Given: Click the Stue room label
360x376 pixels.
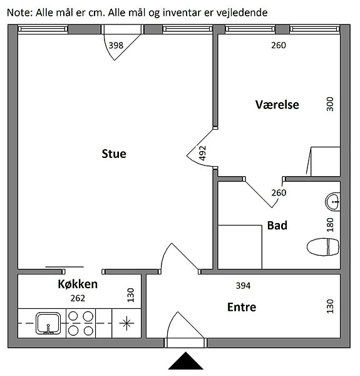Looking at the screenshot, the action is pyautogui.click(x=114, y=154).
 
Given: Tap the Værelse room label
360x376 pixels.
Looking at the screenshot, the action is pyautogui.click(x=277, y=105).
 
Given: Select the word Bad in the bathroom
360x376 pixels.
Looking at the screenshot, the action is pyautogui.click(x=277, y=226).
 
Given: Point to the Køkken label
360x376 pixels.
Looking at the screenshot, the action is pyautogui.click(x=78, y=284).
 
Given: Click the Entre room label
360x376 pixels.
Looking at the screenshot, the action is pyautogui.click(x=242, y=307).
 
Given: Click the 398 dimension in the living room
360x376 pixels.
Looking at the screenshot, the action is pyautogui.click(x=116, y=45).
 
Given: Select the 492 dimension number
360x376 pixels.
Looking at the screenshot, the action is pyautogui.click(x=203, y=153).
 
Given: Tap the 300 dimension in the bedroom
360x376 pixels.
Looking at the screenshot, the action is pyautogui.click(x=330, y=104).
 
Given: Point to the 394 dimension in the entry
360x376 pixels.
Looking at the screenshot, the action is pyautogui.click(x=243, y=286).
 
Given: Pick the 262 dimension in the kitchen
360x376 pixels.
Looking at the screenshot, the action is pyautogui.click(x=78, y=298).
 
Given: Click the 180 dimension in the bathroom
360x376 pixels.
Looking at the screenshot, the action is pyautogui.click(x=330, y=225).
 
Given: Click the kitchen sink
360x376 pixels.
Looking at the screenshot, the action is pyautogui.click(x=48, y=323).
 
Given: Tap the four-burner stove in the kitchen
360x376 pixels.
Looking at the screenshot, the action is pyautogui.click(x=81, y=323).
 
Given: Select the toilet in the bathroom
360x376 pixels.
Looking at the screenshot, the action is pyautogui.click(x=323, y=247).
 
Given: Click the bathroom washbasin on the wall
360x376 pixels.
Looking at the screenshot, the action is pyautogui.click(x=332, y=202).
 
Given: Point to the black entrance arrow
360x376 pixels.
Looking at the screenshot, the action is pyautogui.click(x=185, y=361).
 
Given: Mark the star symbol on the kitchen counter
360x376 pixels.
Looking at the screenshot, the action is pyautogui.click(x=126, y=323).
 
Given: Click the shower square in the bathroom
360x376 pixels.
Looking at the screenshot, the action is pyautogui.click(x=240, y=247).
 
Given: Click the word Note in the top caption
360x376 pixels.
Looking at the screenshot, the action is pyautogui.click(x=19, y=13).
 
